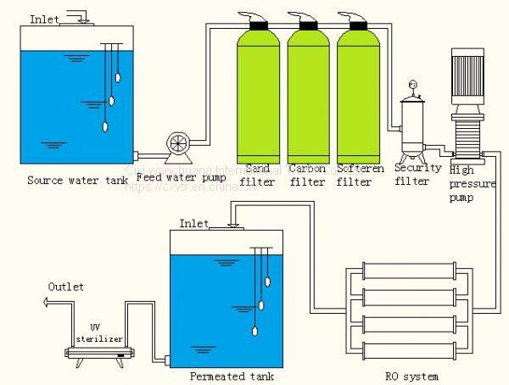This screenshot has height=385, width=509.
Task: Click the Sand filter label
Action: [x=257, y=174]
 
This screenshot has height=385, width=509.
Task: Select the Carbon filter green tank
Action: [x=307, y=93]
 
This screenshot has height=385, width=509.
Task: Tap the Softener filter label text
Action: [x=355, y=174]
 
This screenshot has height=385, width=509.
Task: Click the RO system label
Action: [x=411, y=374]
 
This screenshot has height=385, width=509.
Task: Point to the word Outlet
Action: [x=65, y=287]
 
